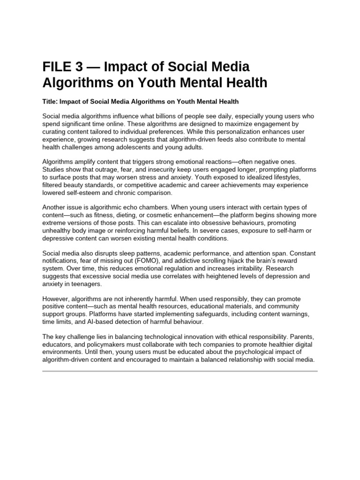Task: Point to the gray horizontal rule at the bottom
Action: [180, 371]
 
